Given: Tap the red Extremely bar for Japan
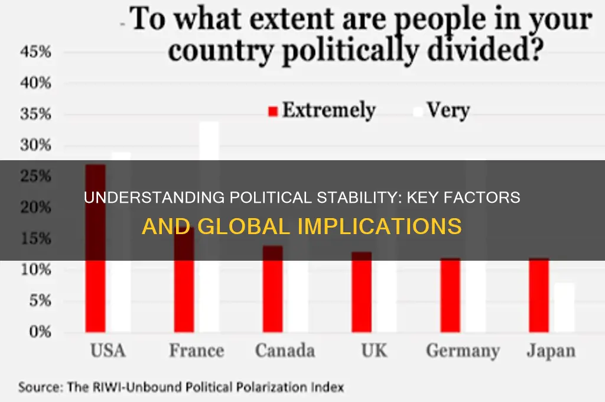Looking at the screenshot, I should point(539,296).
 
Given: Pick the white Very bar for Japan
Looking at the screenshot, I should point(564,307).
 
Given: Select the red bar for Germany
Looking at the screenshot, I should point(450,296).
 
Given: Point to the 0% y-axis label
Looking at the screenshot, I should point(37,332).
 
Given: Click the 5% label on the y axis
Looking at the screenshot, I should point(37,301).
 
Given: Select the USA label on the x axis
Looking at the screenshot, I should point(108,351).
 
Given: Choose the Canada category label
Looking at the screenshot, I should point(284,351).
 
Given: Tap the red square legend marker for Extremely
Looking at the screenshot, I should point(272,112).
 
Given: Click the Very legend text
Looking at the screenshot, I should point(448,111).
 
